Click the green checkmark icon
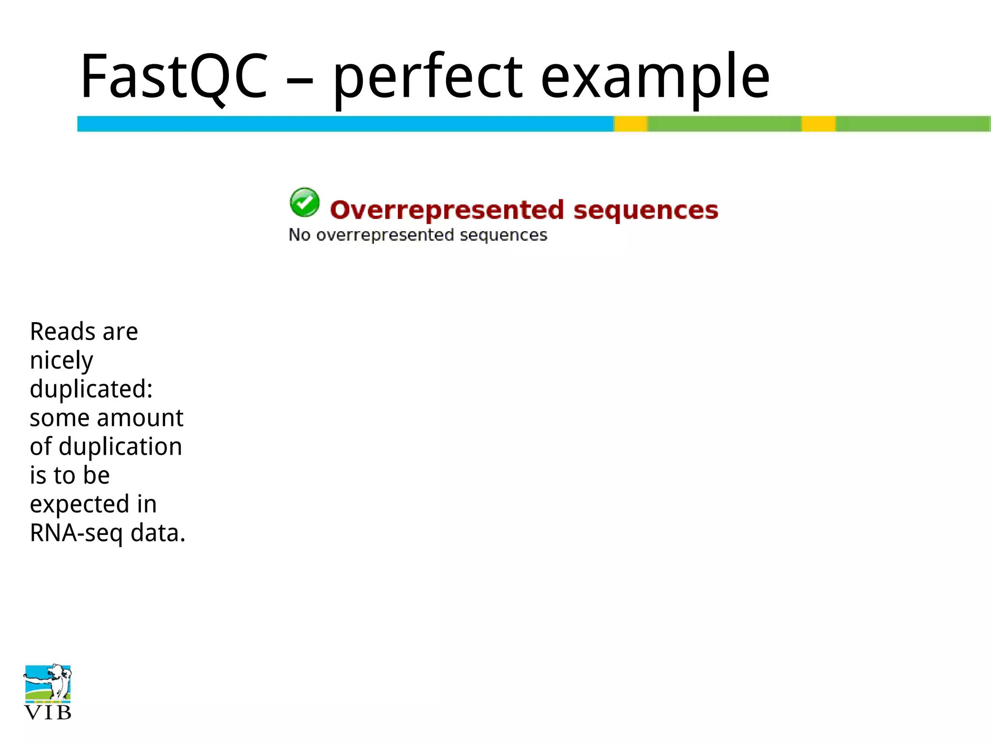pyautogui.click(x=304, y=202)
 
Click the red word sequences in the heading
pyautogui.click(x=646, y=210)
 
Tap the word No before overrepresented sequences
pyautogui.click(x=299, y=235)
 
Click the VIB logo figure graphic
pyautogui.click(x=47, y=683)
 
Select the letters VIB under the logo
pyautogui.click(x=47, y=713)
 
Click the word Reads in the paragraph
pyautogui.click(x=62, y=332)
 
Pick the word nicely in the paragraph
pyautogui.click(x=61, y=361)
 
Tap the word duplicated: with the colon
pyautogui.click(x=91, y=389)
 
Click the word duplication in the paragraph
pyautogui.click(x=120, y=446)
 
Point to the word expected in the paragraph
pyautogui.click(x=79, y=505)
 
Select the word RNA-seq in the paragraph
pyautogui.click(x=76, y=533)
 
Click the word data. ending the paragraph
pyautogui.click(x=158, y=533)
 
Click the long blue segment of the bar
pyautogui.click(x=345, y=124)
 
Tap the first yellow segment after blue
pyautogui.click(x=631, y=124)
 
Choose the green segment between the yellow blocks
pyautogui.click(x=724, y=124)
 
